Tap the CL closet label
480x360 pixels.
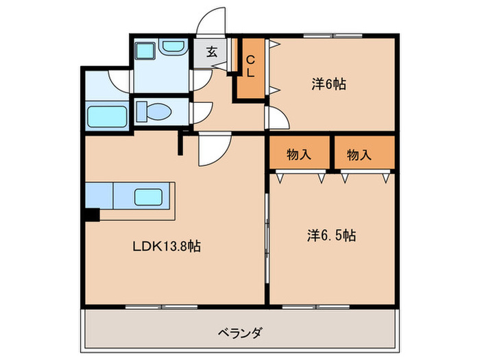[252, 67]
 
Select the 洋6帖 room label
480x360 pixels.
[328, 84]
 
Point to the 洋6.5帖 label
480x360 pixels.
[331, 235]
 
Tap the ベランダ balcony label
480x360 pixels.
[240, 333]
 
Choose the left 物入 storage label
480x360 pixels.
[299, 155]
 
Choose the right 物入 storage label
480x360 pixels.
[359, 155]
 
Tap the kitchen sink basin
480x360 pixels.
[149, 196]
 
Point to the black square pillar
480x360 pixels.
[92, 215]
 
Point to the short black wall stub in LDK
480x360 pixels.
[182, 144]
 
